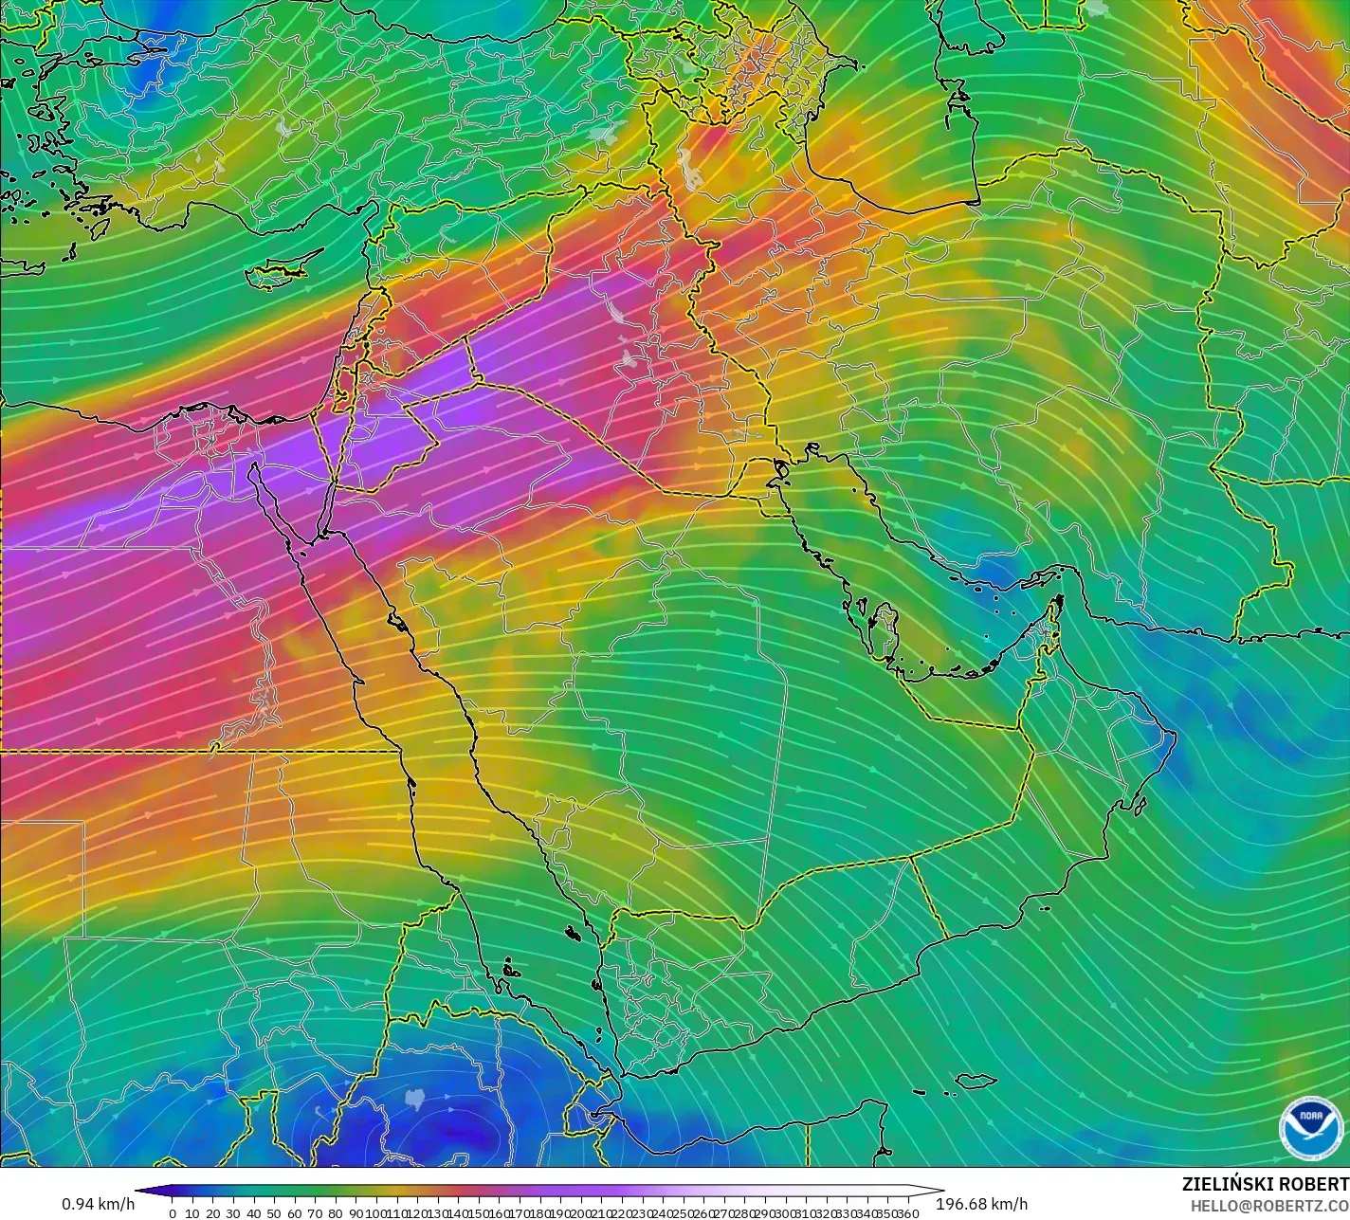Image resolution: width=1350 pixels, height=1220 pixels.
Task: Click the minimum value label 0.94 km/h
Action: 99,1204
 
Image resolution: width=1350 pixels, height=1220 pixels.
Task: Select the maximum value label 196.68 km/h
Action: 981,1204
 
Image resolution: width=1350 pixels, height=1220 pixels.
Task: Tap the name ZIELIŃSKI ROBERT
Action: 1265,1184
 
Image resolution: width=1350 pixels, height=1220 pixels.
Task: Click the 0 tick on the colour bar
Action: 172,1213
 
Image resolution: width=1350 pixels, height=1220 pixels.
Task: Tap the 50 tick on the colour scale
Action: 274,1213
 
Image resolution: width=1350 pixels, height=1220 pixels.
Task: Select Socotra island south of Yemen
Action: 976,1081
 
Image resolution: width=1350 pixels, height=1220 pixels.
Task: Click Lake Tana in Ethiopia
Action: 414,1099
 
